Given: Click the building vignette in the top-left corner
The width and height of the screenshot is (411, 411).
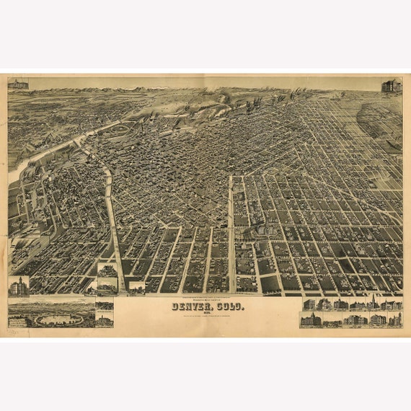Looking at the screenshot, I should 18,84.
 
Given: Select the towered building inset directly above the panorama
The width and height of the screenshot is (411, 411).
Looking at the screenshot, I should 18,286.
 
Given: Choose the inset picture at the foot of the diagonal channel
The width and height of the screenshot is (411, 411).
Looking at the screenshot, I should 108,278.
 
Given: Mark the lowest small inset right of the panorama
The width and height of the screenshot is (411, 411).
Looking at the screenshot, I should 104,318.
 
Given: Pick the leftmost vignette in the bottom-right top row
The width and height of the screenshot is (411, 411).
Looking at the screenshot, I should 309,304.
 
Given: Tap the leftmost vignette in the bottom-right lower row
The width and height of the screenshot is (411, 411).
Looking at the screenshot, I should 310,319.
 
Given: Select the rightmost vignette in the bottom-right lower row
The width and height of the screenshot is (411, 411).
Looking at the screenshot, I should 395,319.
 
